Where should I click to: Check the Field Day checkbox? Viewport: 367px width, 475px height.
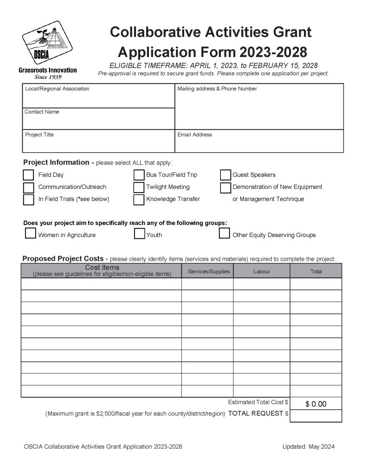(29, 175)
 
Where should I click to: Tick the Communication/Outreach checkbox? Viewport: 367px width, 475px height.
(29, 187)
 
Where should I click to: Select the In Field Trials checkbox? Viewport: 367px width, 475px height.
(29, 199)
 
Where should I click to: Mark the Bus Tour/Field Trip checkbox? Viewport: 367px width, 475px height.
(139, 175)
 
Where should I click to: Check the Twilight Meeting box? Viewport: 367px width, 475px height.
(139, 187)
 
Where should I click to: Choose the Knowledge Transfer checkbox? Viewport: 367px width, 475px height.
(139, 199)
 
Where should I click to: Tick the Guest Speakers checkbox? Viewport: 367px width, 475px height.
(225, 175)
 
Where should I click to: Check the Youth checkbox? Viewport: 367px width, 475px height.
(139, 233)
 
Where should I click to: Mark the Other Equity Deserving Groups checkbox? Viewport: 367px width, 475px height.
(225, 233)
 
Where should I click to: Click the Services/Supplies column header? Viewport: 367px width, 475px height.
(209, 271)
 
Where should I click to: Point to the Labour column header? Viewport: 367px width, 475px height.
(262, 271)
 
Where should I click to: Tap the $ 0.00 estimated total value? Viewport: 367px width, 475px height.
(315, 404)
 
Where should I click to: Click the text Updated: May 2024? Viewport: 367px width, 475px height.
(308, 447)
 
